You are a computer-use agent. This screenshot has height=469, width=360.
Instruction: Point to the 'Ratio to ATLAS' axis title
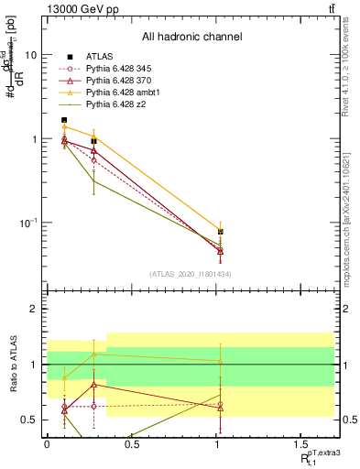[x=12, y=364]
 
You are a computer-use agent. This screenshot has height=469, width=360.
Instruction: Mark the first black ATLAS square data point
[x=64, y=120]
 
